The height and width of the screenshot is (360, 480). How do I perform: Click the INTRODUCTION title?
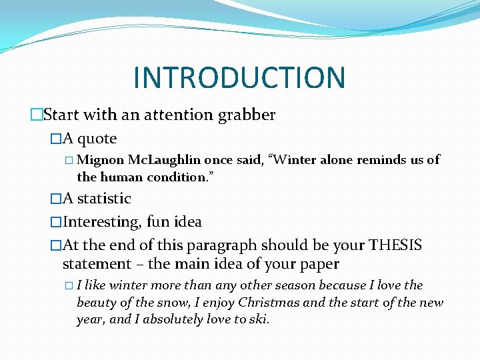pos(239,77)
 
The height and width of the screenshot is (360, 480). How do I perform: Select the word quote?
pos(97,139)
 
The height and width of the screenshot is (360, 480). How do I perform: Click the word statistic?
pos(104,198)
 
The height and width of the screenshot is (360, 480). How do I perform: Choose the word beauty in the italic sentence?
pos(97,303)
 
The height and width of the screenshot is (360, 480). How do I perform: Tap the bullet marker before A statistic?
pos(56,198)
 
